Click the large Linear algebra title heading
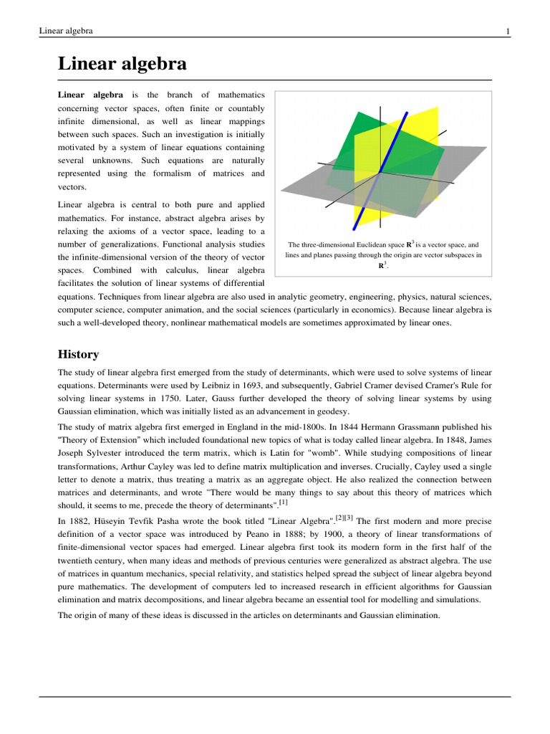click(122, 64)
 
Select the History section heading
click(78, 354)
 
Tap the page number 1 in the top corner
click(507, 31)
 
